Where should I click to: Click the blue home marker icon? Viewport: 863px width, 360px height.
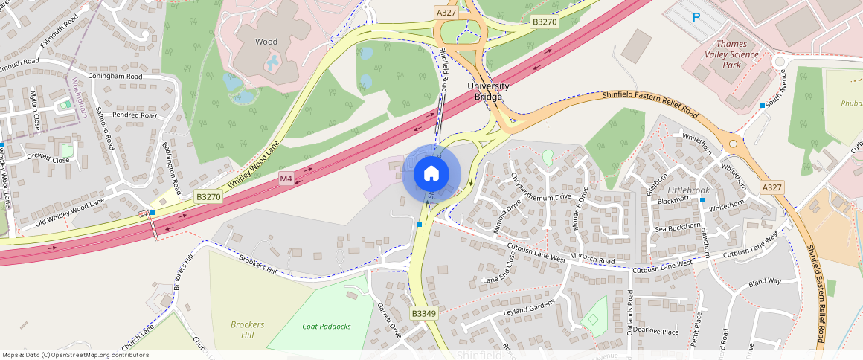(x=431, y=174)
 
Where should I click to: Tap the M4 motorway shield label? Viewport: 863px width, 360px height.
(x=286, y=179)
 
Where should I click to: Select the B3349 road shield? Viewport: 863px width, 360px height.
(x=423, y=314)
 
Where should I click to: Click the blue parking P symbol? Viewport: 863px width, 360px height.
(x=696, y=17)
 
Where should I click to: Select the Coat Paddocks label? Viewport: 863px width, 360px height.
(x=327, y=326)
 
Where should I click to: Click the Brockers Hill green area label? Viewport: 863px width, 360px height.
(x=247, y=330)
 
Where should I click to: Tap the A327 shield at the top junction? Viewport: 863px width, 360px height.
(x=446, y=13)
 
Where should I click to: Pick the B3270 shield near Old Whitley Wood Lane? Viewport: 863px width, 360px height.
(x=208, y=196)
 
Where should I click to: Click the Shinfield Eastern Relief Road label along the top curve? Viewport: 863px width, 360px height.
(x=650, y=103)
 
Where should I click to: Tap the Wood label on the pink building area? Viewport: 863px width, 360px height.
(x=266, y=42)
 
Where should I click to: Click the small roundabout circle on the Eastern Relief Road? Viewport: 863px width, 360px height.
(x=733, y=144)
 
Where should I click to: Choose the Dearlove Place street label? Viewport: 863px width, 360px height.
(x=655, y=332)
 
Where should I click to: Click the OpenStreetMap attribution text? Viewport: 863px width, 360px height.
(x=75, y=355)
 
